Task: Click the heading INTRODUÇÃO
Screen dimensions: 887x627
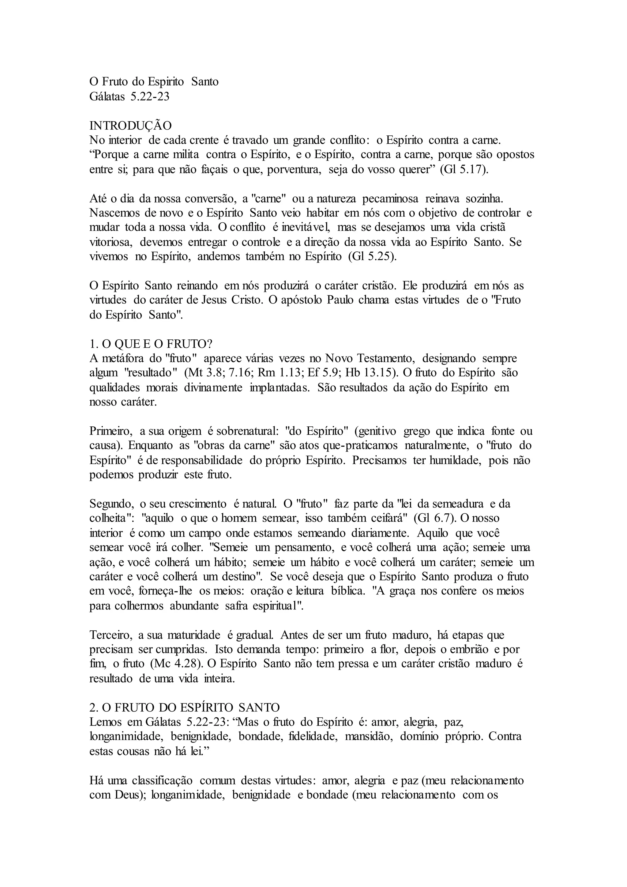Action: click(130, 126)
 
